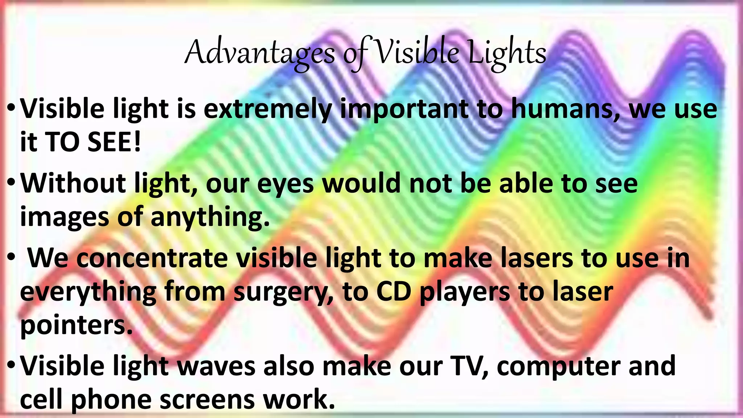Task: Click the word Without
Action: [73, 183]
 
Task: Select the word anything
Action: [210, 217]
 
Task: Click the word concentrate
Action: [152, 258]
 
